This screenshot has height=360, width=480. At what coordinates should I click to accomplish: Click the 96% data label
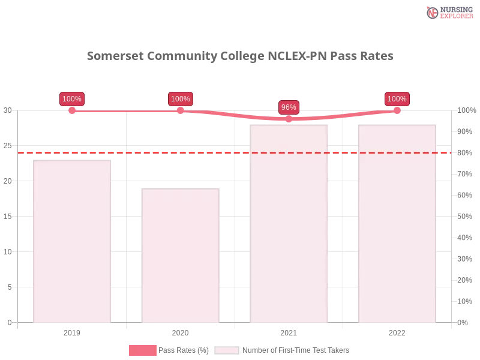[289, 107]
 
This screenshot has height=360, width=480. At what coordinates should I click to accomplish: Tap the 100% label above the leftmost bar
[72, 99]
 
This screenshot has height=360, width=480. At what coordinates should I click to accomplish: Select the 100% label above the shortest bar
[180, 99]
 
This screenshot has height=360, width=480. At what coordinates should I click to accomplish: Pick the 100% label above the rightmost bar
[397, 99]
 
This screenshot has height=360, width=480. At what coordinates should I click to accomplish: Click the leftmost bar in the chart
[72, 240]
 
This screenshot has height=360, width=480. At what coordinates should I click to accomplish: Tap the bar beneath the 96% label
[290, 222]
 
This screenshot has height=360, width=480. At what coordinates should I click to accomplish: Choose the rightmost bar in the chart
[396, 222]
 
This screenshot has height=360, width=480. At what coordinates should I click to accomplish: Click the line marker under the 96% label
[289, 119]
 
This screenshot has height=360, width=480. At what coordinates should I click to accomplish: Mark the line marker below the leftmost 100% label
[72, 111]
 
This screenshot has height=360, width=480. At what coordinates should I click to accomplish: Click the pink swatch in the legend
[142, 350]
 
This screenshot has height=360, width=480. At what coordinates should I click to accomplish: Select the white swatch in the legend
[226, 350]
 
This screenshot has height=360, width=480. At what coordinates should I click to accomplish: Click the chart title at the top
[240, 56]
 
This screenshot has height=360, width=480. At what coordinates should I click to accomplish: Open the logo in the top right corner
[448, 13]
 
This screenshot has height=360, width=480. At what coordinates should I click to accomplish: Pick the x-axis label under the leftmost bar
[72, 331]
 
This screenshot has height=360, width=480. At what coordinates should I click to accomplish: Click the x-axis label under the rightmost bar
[397, 331]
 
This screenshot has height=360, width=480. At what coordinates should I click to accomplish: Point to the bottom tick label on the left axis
[9, 322]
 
